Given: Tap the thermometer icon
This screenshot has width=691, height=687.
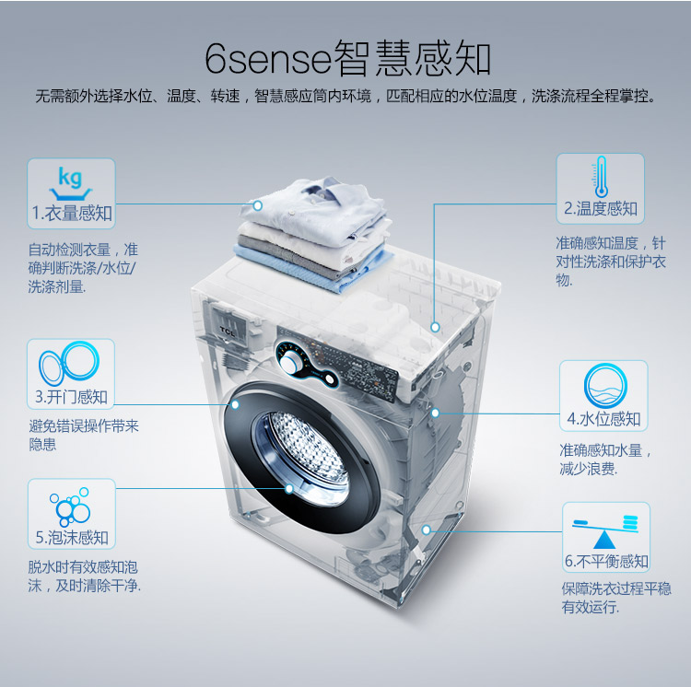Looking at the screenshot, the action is coord(600,177).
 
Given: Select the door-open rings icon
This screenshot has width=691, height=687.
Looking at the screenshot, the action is coord(69,364).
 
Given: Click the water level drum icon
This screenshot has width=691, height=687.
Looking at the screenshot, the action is coord(605,386).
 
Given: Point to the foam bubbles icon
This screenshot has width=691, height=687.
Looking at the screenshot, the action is coord(71,507).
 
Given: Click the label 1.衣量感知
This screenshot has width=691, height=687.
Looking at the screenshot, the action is coord(72,214).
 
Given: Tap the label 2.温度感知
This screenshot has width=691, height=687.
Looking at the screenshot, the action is coord(601,208).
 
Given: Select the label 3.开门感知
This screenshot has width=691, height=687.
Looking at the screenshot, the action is coord(71,397).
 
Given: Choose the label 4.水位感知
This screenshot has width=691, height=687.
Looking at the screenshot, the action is coord(603,419).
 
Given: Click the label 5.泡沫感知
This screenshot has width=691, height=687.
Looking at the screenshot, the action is coord(72,537).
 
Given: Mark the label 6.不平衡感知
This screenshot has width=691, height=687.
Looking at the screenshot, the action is coord(606,561).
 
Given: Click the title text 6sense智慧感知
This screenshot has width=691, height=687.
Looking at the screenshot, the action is coord(347,58).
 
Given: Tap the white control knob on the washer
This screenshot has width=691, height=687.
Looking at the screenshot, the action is coord(291,364).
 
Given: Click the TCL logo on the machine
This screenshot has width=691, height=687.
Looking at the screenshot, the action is coord(228,331).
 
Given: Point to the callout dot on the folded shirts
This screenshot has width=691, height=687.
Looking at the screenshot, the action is coord(258,205).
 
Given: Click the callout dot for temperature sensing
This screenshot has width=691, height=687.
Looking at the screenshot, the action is coord(436,327).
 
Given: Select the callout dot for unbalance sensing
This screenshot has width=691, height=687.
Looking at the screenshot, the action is coord(427,530).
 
